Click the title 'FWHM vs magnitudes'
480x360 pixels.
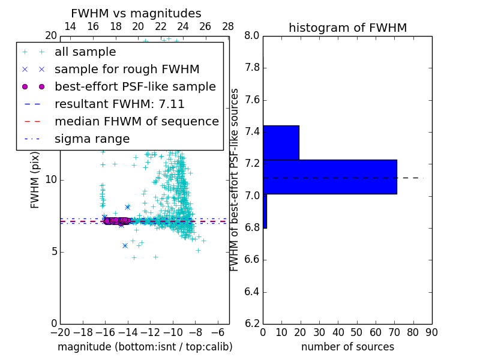[136, 13]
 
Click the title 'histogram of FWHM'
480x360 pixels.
[347, 28]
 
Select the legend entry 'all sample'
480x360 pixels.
[85, 52]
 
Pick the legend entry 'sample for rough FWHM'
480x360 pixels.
[127, 70]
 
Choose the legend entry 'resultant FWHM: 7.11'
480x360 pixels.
[119, 104]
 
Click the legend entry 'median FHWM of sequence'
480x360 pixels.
[136, 122]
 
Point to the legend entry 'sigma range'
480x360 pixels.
[92, 139]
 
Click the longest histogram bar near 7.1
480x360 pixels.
[330, 177]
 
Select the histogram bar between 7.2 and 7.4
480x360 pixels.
[281, 143]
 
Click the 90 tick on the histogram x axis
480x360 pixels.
[431, 331]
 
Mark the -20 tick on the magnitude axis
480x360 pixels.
[60, 331]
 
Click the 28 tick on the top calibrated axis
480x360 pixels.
[228, 26]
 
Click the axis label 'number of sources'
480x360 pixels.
[347, 347]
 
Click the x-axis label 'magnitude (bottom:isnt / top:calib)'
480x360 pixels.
[145, 347]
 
